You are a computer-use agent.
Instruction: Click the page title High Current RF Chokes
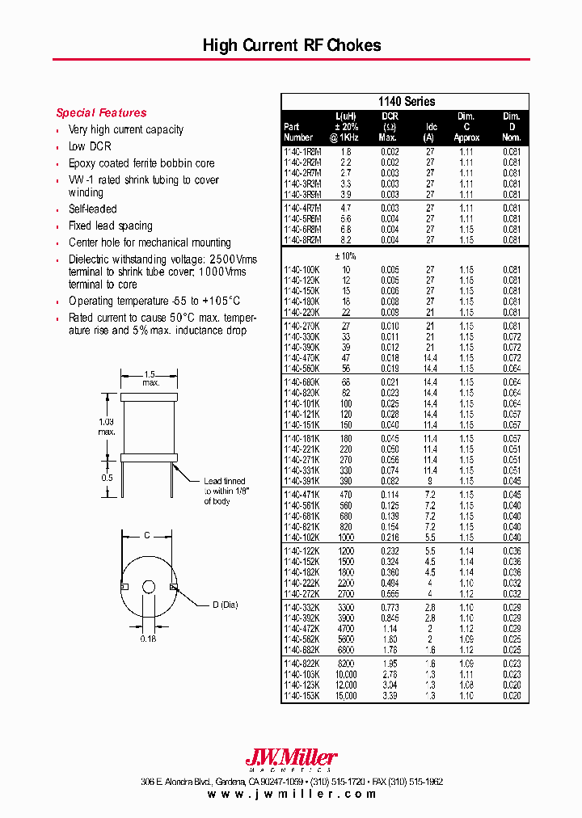point(291,46)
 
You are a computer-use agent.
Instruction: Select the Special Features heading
point(101,113)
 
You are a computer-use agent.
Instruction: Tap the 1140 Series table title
point(406,102)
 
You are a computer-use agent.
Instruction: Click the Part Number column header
point(298,132)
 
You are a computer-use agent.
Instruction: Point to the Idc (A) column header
point(431,132)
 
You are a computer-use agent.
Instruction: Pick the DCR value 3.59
point(390,695)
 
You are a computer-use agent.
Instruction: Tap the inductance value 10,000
point(346,674)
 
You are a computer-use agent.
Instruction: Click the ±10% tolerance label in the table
point(346,255)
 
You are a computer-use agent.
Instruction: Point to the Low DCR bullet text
point(90,146)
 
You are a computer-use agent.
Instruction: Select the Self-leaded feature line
point(92,209)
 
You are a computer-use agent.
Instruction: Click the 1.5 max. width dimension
point(150,377)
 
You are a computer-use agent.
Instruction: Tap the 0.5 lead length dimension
point(107,476)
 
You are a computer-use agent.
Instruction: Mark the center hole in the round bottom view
point(148,587)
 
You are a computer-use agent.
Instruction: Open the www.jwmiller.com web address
point(292,794)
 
